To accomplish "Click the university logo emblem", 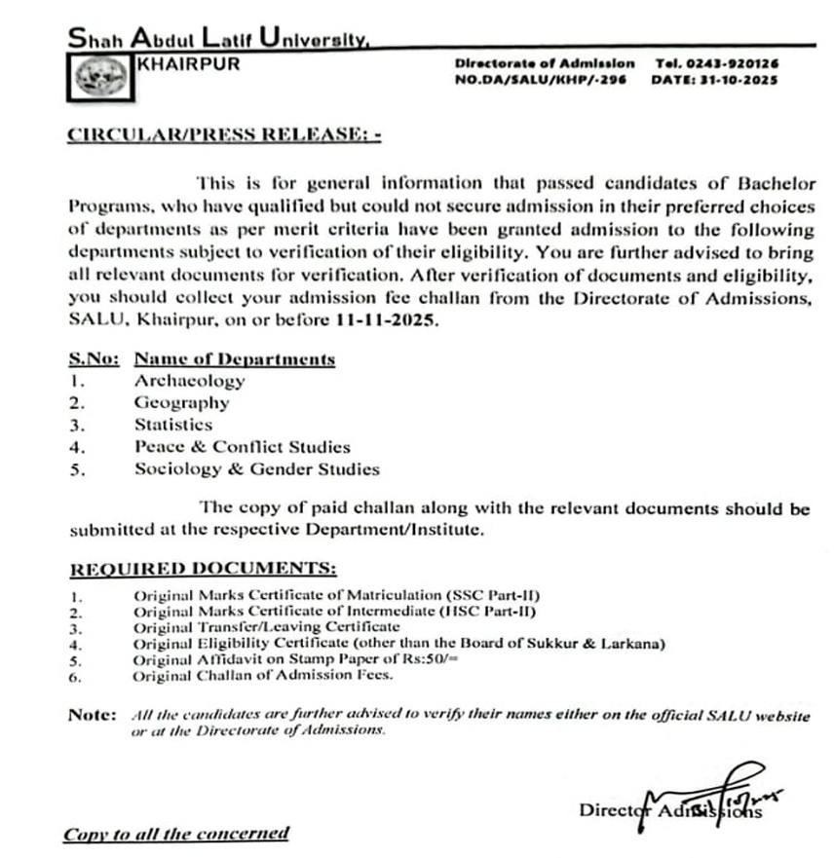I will point(98,75).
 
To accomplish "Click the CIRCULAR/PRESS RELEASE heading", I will point(223,135).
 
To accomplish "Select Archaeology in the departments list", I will point(190,381).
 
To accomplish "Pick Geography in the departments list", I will point(182,402).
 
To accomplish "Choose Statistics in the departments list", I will point(173,425).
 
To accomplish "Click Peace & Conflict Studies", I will point(243,447).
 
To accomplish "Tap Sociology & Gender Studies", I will point(257,469).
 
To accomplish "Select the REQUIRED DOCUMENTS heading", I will point(204,568).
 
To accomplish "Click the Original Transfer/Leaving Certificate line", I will point(267,628).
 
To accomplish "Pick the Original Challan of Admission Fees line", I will point(263,675).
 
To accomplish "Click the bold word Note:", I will point(92,715).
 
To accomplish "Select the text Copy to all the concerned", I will point(176,834).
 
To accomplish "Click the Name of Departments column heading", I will point(235,359).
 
